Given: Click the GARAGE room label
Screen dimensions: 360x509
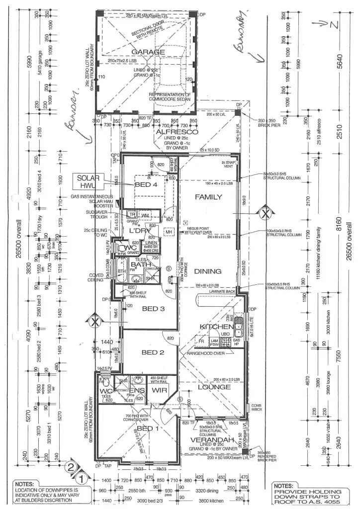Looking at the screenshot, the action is [148, 52].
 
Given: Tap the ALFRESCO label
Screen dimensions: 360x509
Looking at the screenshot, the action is [170, 132].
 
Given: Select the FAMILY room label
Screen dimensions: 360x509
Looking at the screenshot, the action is [208, 197].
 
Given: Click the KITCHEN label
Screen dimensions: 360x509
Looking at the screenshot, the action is [217, 327].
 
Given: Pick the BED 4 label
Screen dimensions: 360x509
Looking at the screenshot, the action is [146, 184].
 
